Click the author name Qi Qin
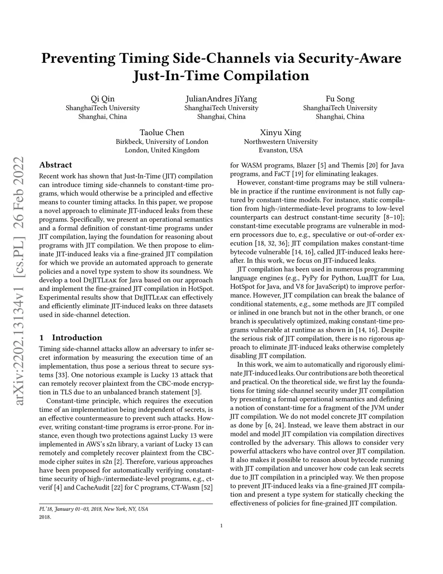(103, 99)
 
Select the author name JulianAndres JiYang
(221, 99)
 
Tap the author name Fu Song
(340, 99)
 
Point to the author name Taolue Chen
(162, 133)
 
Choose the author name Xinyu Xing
(280, 133)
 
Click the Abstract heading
(55, 165)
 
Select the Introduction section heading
(77, 337)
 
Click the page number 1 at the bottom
(221, 526)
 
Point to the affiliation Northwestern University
(280, 142)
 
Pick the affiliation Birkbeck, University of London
(162, 142)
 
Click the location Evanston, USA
(280, 150)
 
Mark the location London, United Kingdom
(162, 150)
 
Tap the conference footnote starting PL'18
(93, 509)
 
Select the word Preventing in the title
(78, 58)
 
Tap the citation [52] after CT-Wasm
(207, 487)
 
